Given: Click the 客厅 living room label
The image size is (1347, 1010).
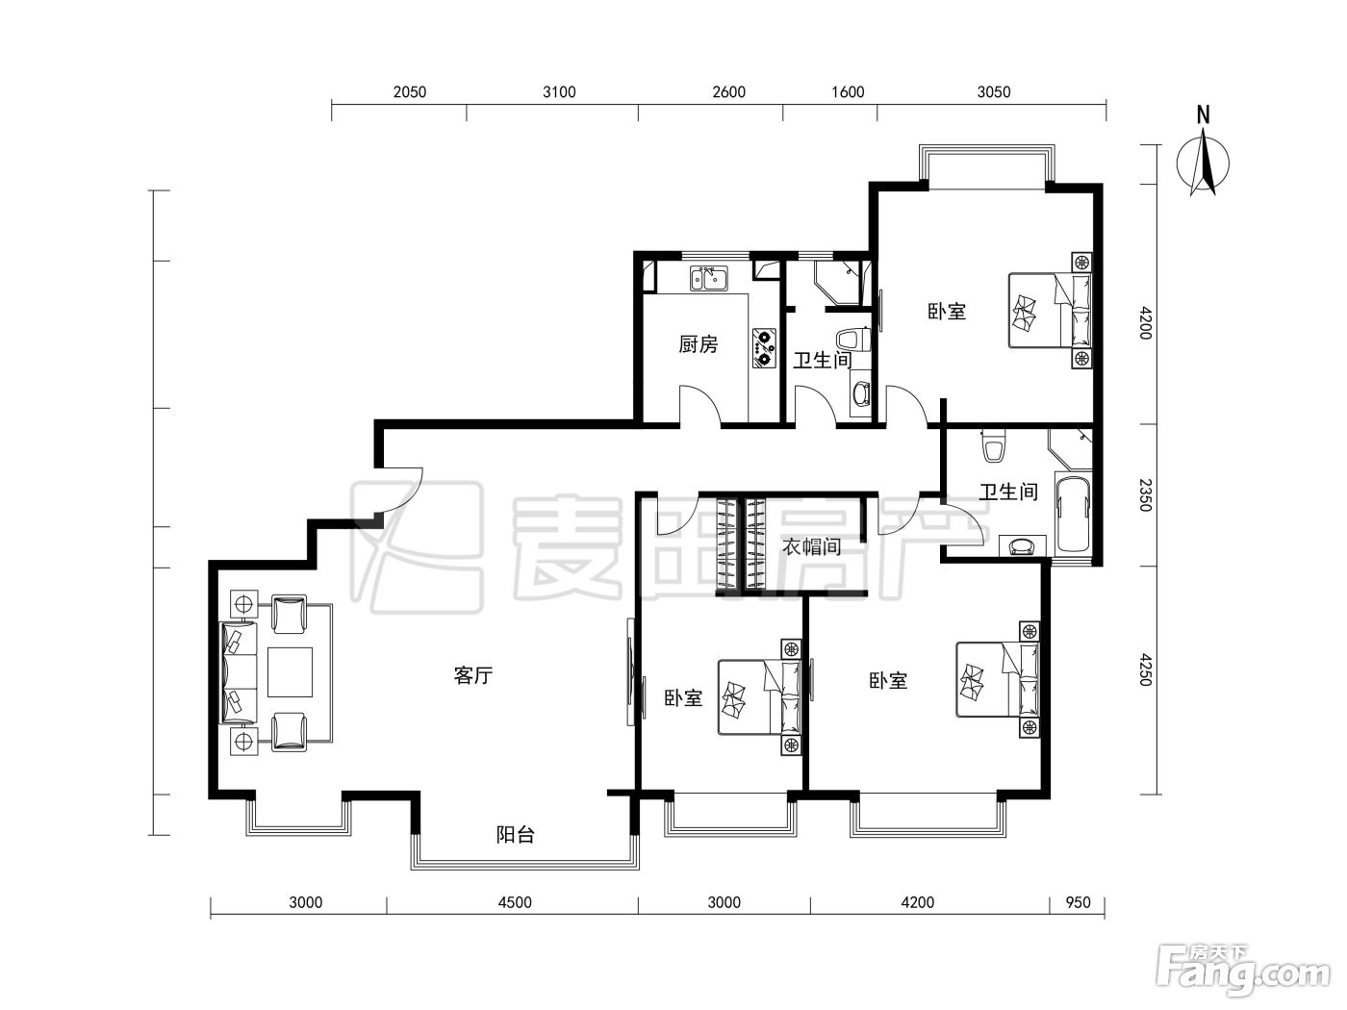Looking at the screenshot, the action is [x=473, y=675].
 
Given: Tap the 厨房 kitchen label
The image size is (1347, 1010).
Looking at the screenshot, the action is [x=698, y=344].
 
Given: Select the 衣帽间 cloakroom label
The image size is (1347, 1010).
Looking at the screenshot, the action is [x=811, y=545].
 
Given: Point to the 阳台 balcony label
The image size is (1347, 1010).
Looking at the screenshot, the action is [x=515, y=834].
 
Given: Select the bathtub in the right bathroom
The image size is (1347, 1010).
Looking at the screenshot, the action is [x=1074, y=514].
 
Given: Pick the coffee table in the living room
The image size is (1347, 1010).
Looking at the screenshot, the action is [x=290, y=672].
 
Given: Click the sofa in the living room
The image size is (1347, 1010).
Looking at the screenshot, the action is [x=239, y=672].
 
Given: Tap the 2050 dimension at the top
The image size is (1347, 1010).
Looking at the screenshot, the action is [x=409, y=92].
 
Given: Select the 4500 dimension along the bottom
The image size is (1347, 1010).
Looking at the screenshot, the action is [x=514, y=902].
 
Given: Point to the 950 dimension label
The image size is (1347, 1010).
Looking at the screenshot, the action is [x=1079, y=902].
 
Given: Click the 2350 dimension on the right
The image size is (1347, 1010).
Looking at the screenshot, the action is [x=1145, y=494].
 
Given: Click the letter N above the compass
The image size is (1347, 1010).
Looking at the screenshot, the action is [x=1204, y=114].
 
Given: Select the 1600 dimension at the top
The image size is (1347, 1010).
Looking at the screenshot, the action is [x=848, y=92].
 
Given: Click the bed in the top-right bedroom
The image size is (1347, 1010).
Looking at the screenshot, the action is [x=1050, y=311].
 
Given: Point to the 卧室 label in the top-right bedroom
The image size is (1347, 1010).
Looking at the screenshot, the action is [x=947, y=311].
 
